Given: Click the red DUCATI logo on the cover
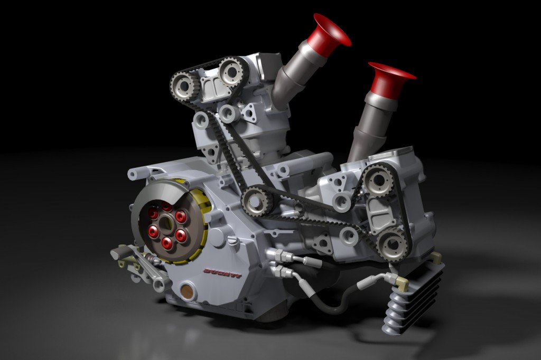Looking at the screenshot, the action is pyautogui.click(x=222, y=273).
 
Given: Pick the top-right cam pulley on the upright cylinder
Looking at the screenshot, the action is pyautogui.click(x=231, y=72).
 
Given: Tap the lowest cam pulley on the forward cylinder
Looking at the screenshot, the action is pyautogui.click(x=392, y=244).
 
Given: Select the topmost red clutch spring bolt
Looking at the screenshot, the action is pyautogui.click(x=167, y=206).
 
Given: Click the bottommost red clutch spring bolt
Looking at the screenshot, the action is pyautogui.click(x=167, y=243).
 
